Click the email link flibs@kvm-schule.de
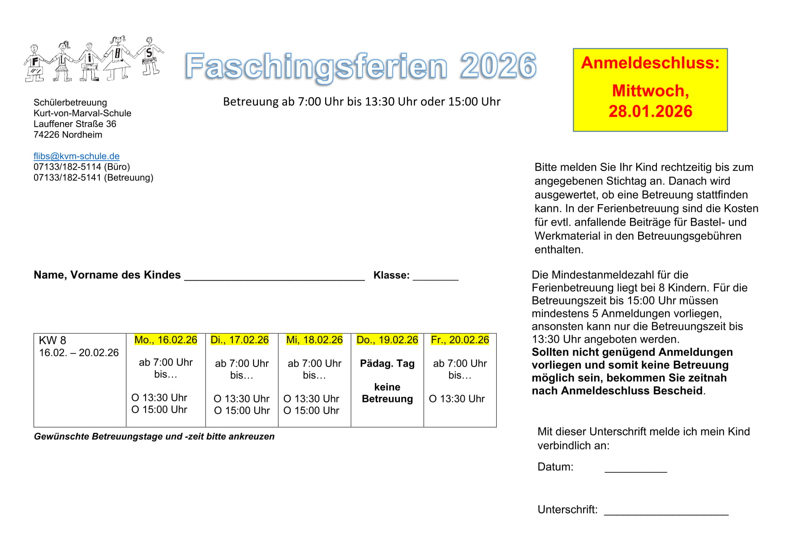pyautogui.click(x=77, y=156)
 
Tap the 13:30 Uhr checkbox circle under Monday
pyautogui.click(x=135, y=397)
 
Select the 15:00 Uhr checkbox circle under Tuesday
pyautogui.click(x=218, y=410)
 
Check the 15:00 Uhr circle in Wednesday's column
pyautogui.click(x=287, y=410)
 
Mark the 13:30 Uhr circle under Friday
pyautogui.click(x=433, y=399)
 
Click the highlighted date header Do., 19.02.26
pyautogui.click(x=387, y=340)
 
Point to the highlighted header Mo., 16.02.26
pyautogui.click(x=166, y=340)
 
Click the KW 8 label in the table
pyautogui.click(x=52, y=341)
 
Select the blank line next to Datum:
pyautogui.click(x=635, y=469)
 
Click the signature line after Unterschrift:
pyautogui.click(x=666, y=512)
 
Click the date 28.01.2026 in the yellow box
pyautogui.click(x=650, y=111)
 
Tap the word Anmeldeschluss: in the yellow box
pyautogui.click(x=650, y=63)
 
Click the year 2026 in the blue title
pyautogui.click(x=498, y=66)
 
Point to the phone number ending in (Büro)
pyautogui.click(x=82, y=167)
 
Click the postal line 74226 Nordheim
pyautogui.click(x=68, y=135)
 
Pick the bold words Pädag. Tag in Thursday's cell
pyautogui.click(x=387, y=363)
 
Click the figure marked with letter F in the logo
pyautogui.click(x=35, y=64)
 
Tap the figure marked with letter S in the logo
pyautogui.click(x=149, y=56)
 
